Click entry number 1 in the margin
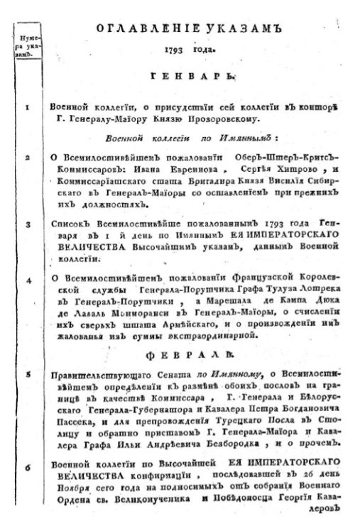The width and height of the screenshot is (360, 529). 26,107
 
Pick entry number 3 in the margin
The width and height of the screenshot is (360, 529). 26,225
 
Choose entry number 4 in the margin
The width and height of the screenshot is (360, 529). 26,280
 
